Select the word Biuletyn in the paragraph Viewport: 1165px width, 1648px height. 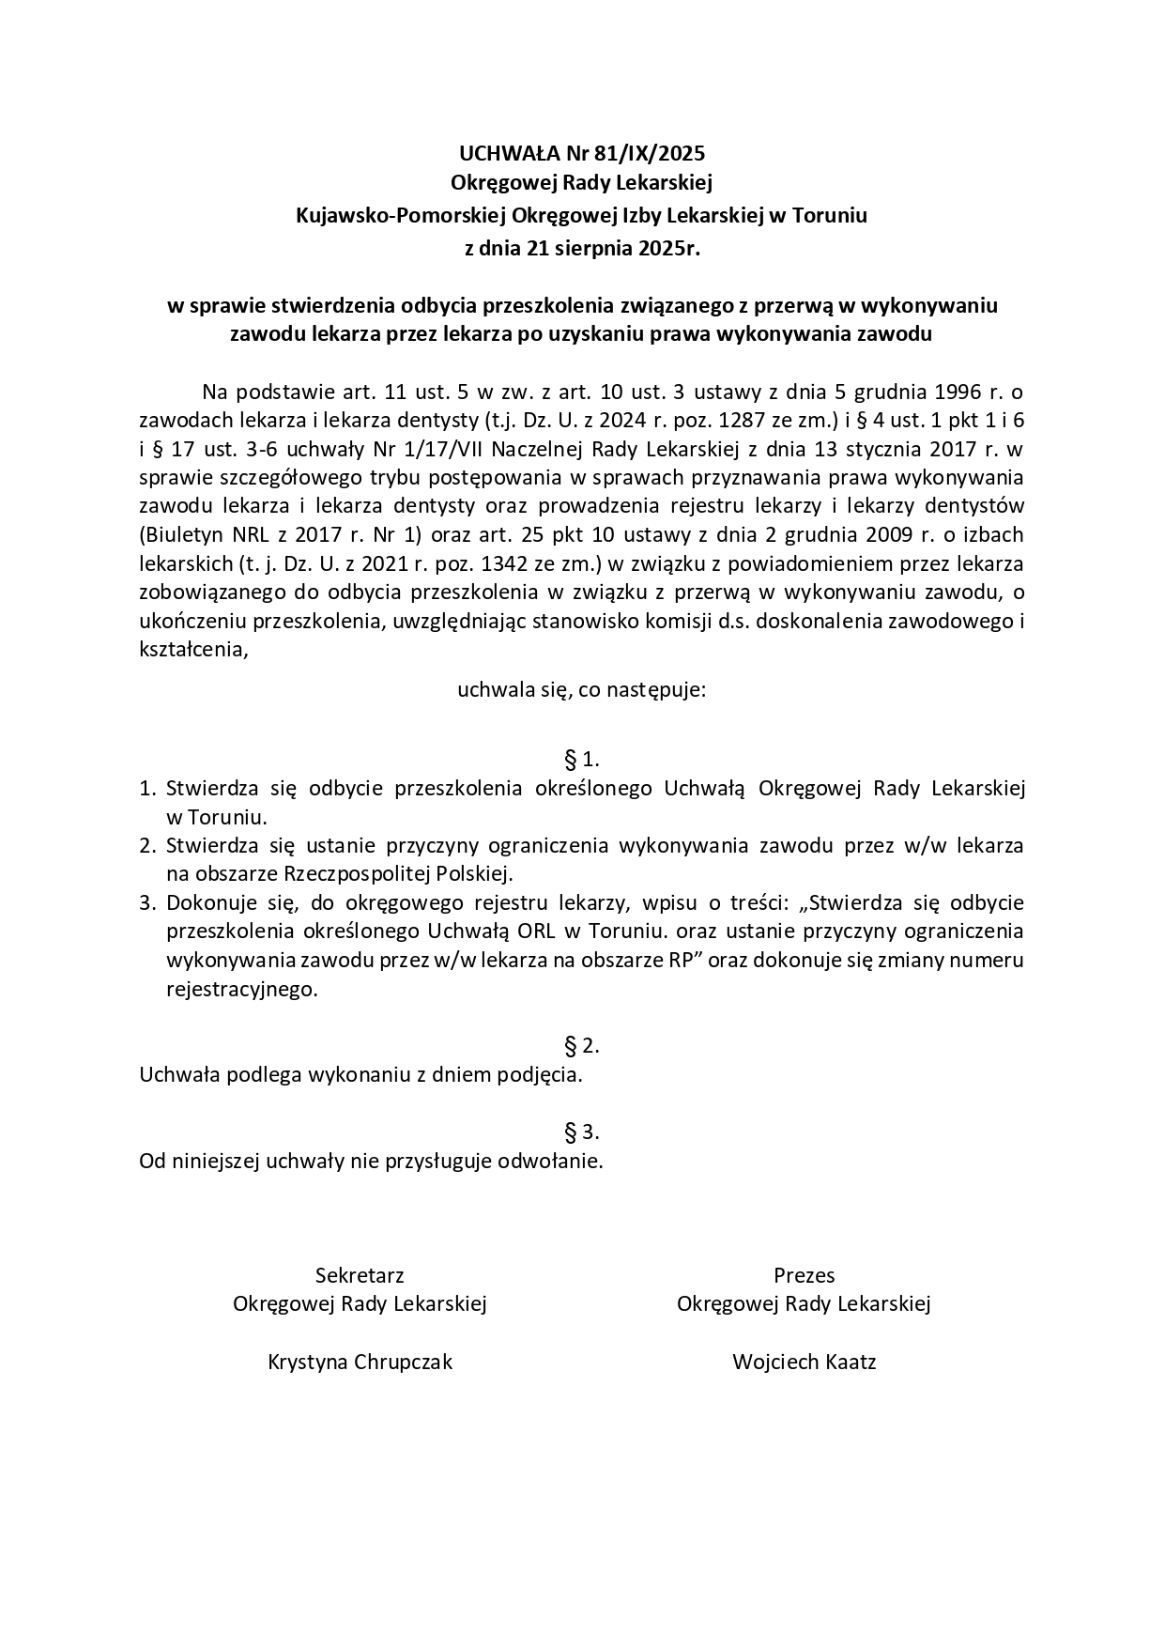coord(183,535)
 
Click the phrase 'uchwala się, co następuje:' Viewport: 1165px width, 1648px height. coord(581,691)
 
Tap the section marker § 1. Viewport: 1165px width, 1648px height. coord(581,759)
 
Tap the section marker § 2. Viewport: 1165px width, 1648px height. coord(581,1046)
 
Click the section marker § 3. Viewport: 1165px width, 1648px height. coord(581,1132)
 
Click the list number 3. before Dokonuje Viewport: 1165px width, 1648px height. coord(146,903)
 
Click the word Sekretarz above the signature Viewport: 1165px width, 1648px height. coord(360,1275)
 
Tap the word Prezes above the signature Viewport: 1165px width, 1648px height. coord(804,1275)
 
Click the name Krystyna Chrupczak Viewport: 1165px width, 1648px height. coord(360,1362)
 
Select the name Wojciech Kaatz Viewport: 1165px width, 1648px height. coord(804,1362)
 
